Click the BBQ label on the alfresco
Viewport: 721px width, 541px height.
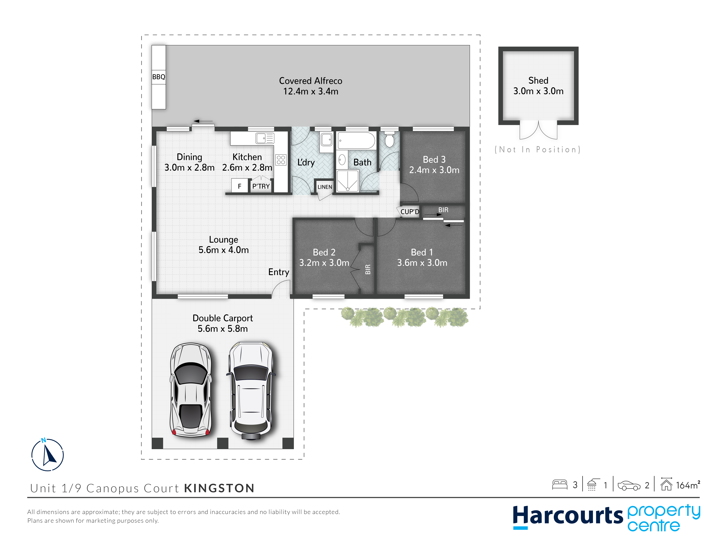tap(159, 77)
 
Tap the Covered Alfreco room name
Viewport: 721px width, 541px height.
tap(311, 81)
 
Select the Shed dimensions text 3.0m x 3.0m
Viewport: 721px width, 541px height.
tap(538, 91)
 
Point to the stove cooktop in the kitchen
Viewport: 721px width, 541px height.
tap(281, 160)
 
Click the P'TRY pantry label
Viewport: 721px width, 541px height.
tap(261, 186)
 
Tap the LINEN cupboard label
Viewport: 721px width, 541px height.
tap(325, 187)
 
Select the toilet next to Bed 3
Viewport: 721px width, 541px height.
tap(389, 139)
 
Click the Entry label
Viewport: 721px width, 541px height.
tap(279, 272)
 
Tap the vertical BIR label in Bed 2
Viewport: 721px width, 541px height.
tap(368, 269)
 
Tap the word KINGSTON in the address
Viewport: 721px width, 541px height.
tap(219, 488)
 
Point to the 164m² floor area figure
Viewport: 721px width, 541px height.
tap(688, 485)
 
